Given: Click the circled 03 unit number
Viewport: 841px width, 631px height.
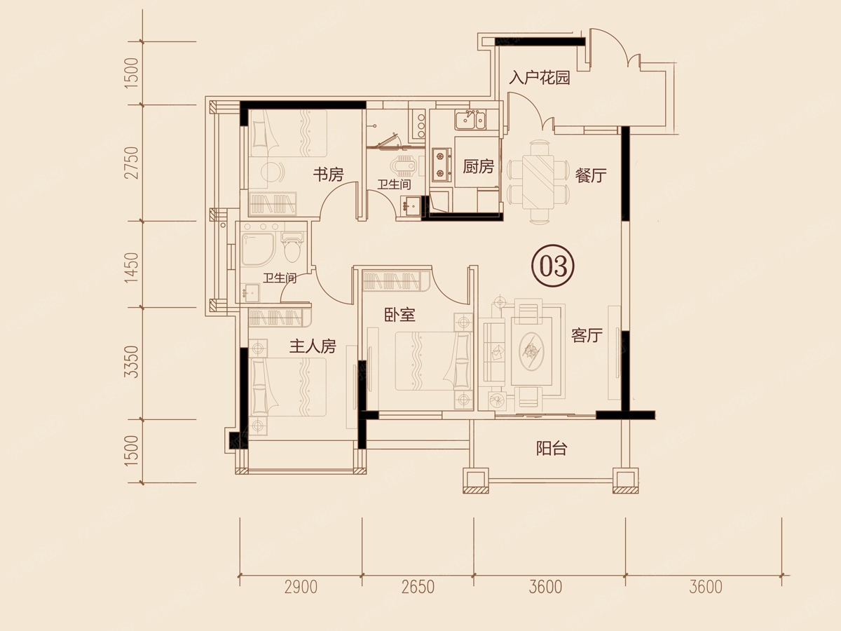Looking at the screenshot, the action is point(553,266).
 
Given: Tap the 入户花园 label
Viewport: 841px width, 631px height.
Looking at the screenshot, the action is point(539,78).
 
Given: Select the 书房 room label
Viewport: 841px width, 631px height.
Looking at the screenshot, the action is point(329,175).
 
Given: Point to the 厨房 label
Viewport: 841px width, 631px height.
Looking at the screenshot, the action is point(478,166).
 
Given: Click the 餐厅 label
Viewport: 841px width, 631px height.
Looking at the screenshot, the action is point(590,175).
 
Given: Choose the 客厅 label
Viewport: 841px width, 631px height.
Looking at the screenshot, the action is point(587,335).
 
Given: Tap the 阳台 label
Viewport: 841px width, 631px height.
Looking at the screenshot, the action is point(551,448).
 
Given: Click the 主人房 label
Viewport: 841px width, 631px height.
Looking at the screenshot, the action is point(313,346).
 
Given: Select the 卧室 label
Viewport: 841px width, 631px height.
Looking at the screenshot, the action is point(399,315).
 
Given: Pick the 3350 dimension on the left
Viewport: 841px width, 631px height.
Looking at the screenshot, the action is point(132,362).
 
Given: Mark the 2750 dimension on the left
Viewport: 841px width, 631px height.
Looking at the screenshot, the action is point(132,163).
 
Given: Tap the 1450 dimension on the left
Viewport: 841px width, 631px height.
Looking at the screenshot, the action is point(132,268).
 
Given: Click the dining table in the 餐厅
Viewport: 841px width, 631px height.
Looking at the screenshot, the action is point(538,181).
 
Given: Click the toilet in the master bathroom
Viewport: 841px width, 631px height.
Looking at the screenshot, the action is point(293,249).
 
